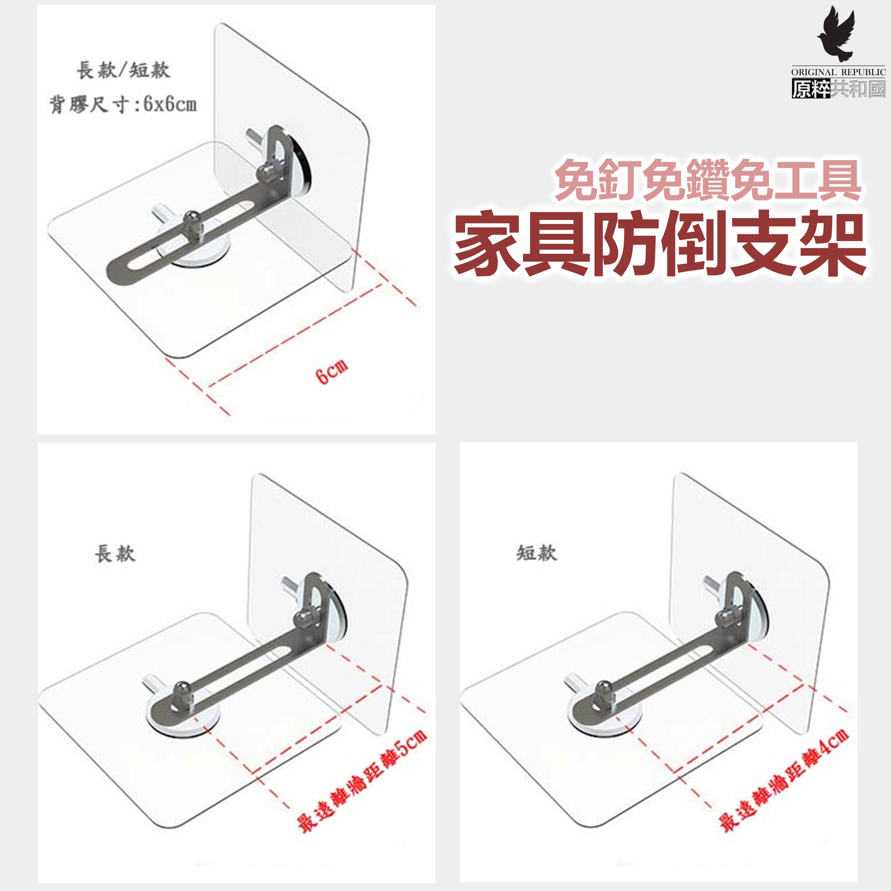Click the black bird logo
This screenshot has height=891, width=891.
click(836, 35)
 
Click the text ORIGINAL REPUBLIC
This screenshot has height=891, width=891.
click(838, 72)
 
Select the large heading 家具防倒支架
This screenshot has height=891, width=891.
click(660, 244)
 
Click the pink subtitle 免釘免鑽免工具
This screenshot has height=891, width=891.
click(708, 180)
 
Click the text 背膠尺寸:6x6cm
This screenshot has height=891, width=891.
click(123, 104)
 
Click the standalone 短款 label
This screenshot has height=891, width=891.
click(536, 553)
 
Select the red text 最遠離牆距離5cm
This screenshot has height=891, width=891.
click(362, 781)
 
